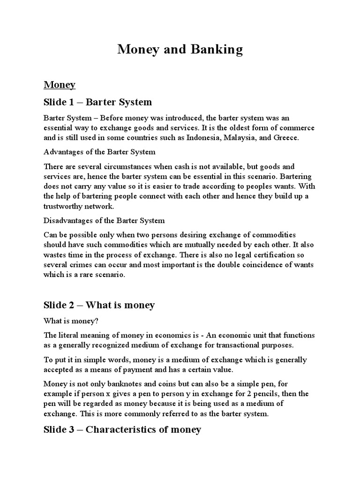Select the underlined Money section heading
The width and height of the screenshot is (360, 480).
[60, 85]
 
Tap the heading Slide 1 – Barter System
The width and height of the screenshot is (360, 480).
[97, 102]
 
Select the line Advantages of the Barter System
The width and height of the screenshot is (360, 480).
[99, 152]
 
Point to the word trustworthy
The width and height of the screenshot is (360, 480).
[65, 206]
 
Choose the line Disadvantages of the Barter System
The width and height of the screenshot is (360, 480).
[104, 220]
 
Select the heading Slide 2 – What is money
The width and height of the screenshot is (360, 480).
[99, 305]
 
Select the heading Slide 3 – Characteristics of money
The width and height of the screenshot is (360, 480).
[122, 429]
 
